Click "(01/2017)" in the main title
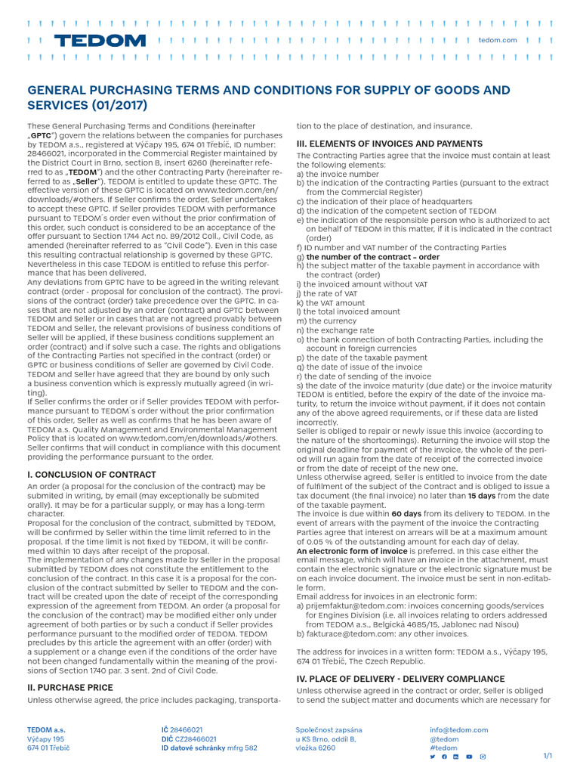click(x=117, y=106)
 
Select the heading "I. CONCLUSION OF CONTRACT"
click(x=91, y=474)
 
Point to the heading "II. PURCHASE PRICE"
click(x=70, y=687)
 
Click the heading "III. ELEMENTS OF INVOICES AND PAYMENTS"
click(x=389, y=144)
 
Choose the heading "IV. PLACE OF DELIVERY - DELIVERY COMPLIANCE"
click(x=400, y=679)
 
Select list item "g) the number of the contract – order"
click(x=368, y=257)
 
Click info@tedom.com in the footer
click(x=458, y=730)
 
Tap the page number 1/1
click(x=548, y=756)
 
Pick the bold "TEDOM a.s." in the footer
click(x=46, y=730)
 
